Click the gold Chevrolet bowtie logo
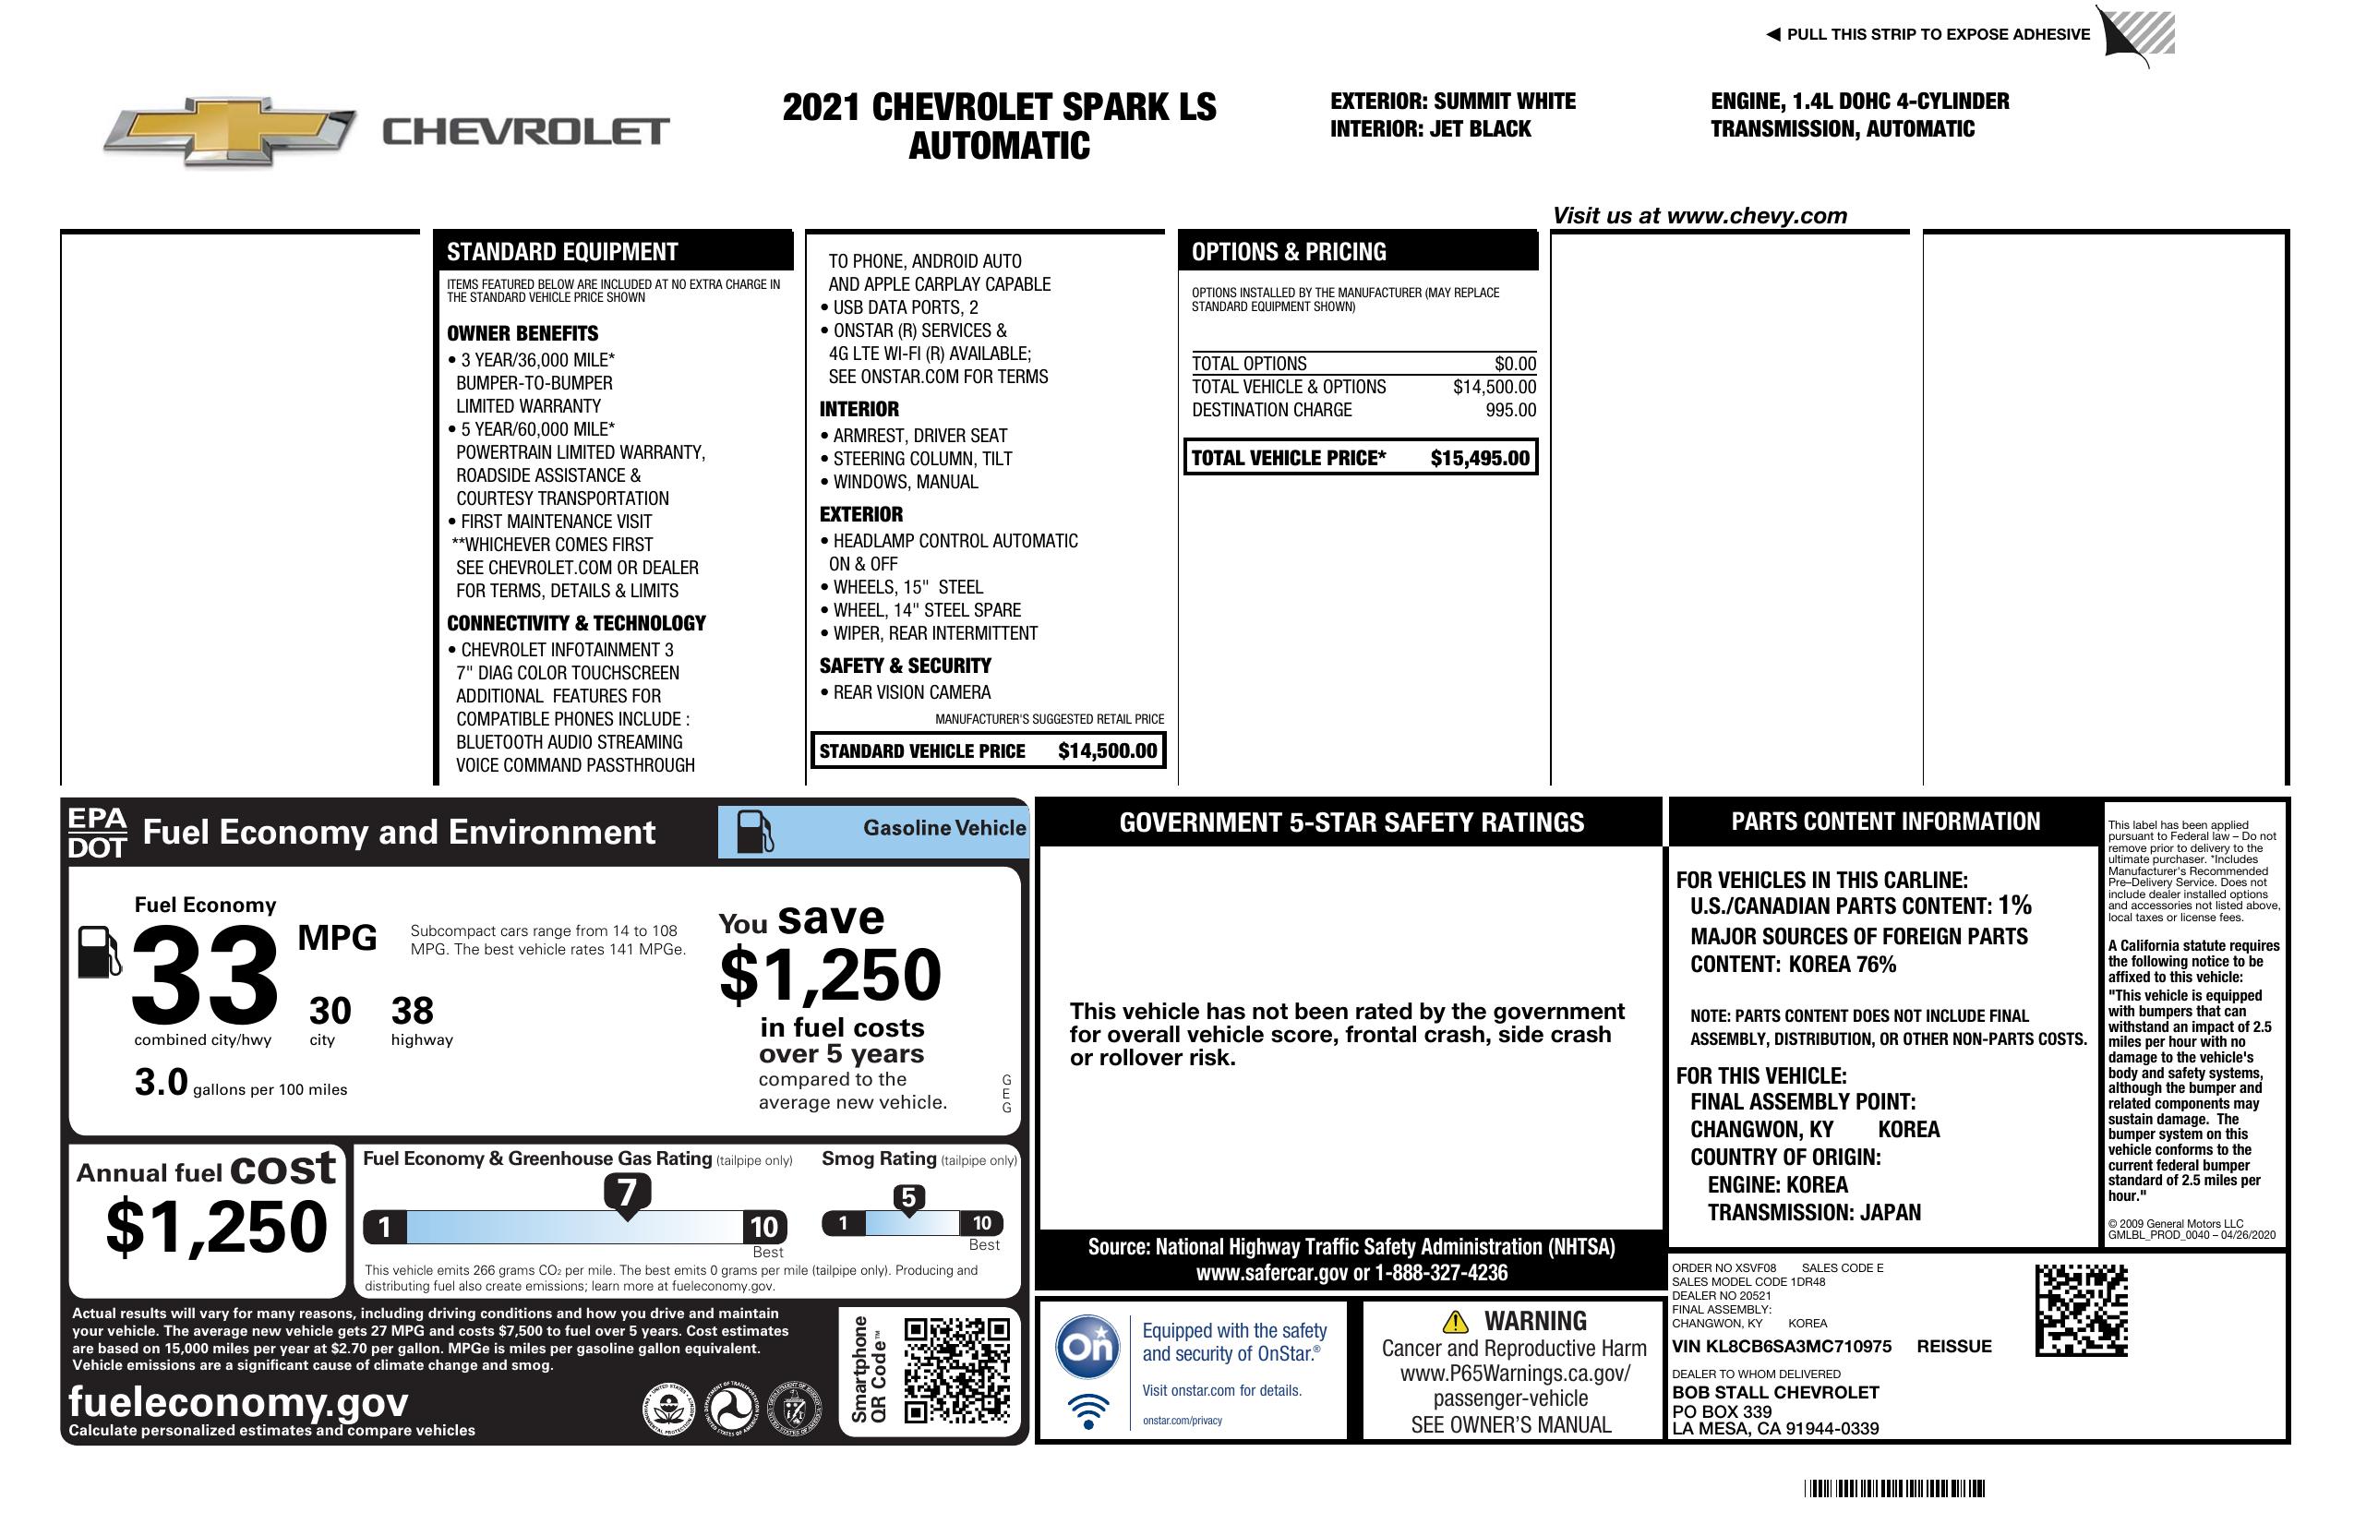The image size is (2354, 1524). coord(230,130)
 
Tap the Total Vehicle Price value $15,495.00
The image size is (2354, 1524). coord(1479,458)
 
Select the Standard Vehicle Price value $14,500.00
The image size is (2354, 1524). coord(1107,750)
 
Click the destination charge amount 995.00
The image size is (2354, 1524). coord(1510,411)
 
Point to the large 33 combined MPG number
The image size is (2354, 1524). coord(205,975)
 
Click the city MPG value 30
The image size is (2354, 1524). coord(330,1011)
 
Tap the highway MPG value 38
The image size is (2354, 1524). coord(413,1011)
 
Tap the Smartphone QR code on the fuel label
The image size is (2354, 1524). coord(956,1370)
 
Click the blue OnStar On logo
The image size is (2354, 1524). coord(1087,1346)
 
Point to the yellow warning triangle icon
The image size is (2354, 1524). coord(1455,1321)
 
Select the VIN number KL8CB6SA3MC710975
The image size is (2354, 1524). coord(1782,1347)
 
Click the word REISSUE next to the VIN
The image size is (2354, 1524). coord(1953,1347)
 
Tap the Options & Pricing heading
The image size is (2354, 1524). coord(1288,252)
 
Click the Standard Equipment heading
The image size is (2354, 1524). coord(562,252)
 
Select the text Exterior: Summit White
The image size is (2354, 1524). coord(1452,101)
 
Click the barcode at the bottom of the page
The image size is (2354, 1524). coord(1894,1488)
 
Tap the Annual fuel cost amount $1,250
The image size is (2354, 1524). coord(216,1228)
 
